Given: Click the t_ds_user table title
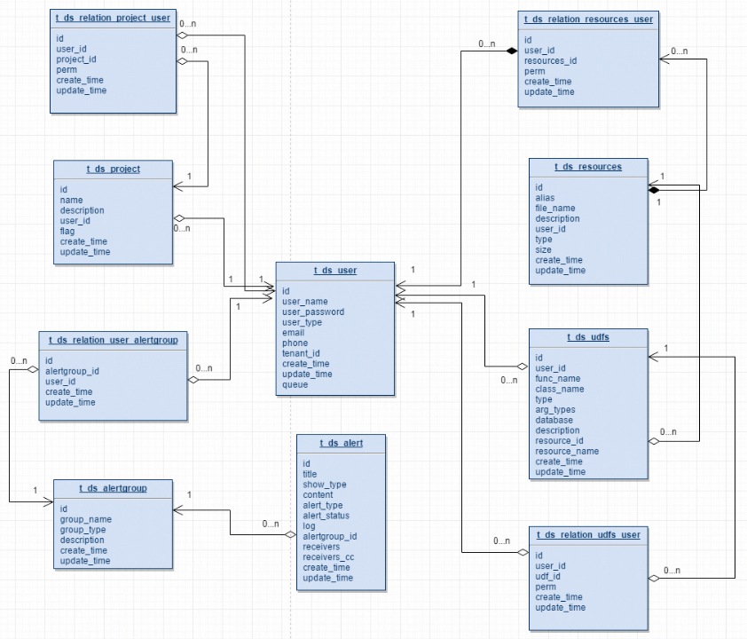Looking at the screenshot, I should click(334, 270).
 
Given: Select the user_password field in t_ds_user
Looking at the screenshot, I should click(313, 312).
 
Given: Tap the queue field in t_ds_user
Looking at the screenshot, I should click(295, 385).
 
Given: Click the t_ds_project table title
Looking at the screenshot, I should click(113, 169).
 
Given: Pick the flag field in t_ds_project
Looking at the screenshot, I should click(67, 231).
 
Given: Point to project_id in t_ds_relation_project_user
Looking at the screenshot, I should click(75, 59).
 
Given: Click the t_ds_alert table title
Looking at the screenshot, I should click(341, 442).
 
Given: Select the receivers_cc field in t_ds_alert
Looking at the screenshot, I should click(328, 557).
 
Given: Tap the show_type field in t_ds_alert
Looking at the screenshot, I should click(324, 485).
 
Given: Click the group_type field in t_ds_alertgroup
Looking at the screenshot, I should click(83, 530).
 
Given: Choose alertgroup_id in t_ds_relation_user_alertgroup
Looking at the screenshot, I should click(72, 371).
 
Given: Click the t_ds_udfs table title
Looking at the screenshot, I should click(587, 337).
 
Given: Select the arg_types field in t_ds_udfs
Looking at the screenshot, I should click(554, 410).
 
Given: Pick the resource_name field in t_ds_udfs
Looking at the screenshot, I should click(567, 451).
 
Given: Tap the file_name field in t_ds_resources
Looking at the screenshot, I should click(555, 209).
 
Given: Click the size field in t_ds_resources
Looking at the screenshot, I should click(543, 250).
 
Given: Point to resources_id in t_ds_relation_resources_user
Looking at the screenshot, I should click(550, 61).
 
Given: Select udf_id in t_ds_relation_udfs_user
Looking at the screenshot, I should click(547, 576).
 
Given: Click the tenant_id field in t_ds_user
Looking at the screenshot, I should click(301, 353).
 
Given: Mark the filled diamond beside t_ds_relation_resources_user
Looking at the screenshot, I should click(511, 51).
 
